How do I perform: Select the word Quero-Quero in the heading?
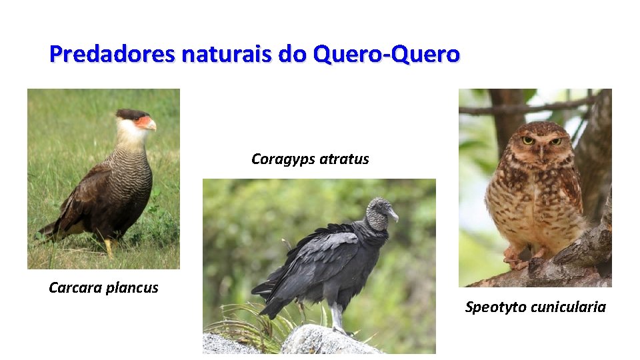tap(387, 53)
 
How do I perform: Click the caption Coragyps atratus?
tap(310, 159)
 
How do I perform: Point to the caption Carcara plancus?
tap(103, 288)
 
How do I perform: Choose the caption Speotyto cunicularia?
tap(535, 307)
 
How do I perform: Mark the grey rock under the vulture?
tap(320, 341)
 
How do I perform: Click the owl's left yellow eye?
tap(528, 140)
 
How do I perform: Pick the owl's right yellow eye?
tap(555, 141)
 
